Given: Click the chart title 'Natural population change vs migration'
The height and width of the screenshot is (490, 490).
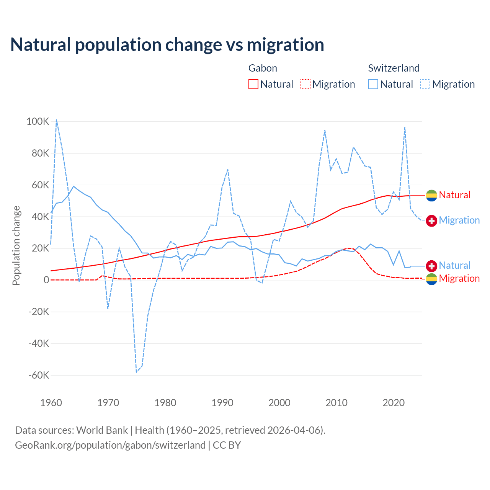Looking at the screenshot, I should click(167, 45).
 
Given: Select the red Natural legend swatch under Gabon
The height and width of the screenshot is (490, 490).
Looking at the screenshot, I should click(253, 84).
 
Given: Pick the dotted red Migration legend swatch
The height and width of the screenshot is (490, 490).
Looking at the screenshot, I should click(305, 84).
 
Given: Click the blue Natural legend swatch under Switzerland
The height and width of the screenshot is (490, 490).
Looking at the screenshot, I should click(373, 84).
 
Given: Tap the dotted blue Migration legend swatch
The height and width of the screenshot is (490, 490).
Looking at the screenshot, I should click(425, 84).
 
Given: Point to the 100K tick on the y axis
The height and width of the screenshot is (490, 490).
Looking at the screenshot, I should click(38, 122).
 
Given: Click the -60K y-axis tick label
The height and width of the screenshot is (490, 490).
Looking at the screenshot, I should click(39, 375).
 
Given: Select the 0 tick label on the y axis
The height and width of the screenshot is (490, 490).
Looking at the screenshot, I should click(46, 280).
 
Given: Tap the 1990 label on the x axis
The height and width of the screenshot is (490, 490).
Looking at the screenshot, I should click(222, 403).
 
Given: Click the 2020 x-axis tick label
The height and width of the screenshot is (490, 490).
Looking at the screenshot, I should click(394, 403).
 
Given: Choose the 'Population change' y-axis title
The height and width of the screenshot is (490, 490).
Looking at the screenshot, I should click(16, 245).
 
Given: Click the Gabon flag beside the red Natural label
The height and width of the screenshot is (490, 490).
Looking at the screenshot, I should click(431, 195).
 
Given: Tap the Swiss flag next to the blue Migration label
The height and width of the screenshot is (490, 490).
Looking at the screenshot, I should click(431, 220).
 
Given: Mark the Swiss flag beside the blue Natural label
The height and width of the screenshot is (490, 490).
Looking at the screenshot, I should click(431, 266).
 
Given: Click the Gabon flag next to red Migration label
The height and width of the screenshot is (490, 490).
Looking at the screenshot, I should click(431, 279).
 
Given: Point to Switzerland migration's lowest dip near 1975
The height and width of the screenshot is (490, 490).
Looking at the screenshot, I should click(136, 372).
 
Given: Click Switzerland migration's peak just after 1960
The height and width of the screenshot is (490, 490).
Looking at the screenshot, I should click(56, 119).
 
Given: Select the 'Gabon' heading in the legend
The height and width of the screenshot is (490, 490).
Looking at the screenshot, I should click(263, 68).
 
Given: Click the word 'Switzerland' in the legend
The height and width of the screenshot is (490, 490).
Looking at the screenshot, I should click(394, 68).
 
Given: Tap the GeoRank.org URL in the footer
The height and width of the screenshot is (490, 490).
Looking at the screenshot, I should click(110, 445).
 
